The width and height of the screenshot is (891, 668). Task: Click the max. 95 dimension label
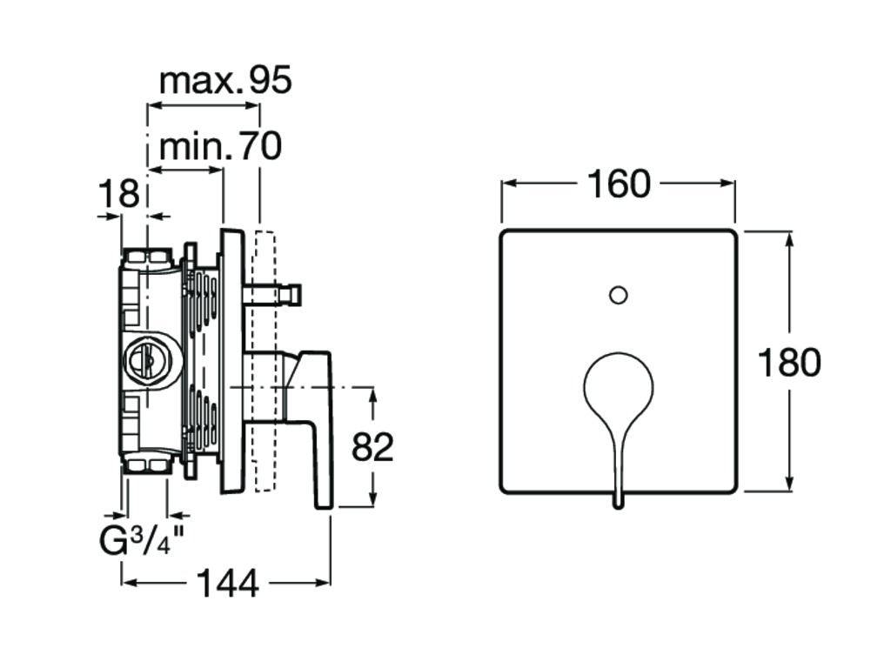pos(225,81)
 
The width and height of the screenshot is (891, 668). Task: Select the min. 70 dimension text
pos(220,146)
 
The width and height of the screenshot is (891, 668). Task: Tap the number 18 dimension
pos(117,194)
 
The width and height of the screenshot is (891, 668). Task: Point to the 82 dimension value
pos(372,447)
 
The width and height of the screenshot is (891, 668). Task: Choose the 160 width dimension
pos(618,184)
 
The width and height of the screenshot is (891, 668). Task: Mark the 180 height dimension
pos(788,362)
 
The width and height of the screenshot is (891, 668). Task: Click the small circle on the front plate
pos(618,295)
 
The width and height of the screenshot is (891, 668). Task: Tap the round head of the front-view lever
pos(618,386)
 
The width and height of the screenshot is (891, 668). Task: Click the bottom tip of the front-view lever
pos(618,503)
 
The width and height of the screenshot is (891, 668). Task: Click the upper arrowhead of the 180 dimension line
pos(789,237)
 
